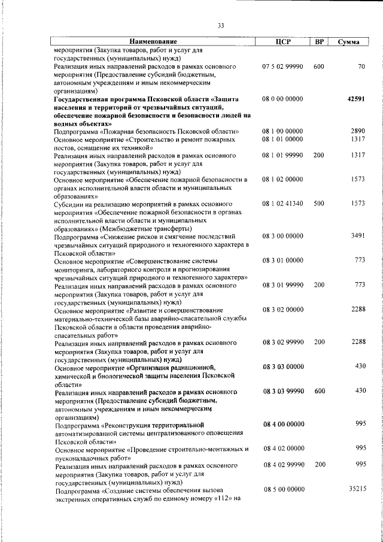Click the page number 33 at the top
point(220,26)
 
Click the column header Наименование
point(153,42)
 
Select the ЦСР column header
point(282,42)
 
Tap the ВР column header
point(320,42)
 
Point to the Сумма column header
point(348,42)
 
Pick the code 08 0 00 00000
point(282,98)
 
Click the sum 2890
point(357,131)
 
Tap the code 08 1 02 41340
point(282,204)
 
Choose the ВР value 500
point(319,204)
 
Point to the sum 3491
point(357,236)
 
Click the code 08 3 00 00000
point(282,236)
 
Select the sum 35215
point(355,489)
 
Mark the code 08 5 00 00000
point(282,489)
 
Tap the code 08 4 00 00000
point(282,423)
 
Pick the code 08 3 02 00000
point(282,309)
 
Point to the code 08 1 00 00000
point(282,131)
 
